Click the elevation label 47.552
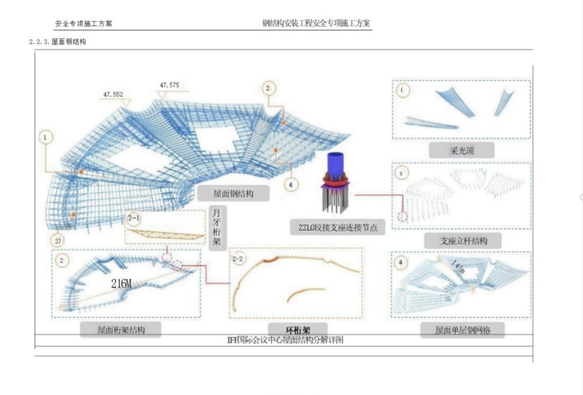pyautogui.click(x=113, y=94)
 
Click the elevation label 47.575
pyautogui.click(x=170, y=85)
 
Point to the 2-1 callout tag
pyautogui.click(x=134, y=217)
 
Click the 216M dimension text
pyautogui.click(x=122, y=284)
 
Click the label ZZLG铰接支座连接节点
pyautogui.click(x=338, y=227)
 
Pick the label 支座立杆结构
pyautogui.click(x=460, y=241)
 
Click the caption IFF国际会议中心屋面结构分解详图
pyautogui.click(x=285, y=339)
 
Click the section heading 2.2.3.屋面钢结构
pyautogui.click(x=58, y=41)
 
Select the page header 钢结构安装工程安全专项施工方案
pyautogui.click(x=316, y=23)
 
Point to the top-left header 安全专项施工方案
pyautogui.click(x=84, y=24)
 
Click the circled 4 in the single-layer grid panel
pyautogui.click(x=402, y=263)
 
